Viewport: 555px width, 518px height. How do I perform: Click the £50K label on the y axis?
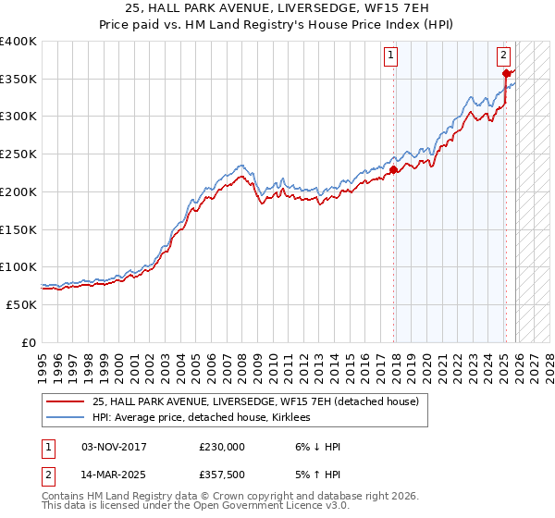pos(22,304)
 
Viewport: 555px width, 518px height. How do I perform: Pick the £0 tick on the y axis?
pos(31,342)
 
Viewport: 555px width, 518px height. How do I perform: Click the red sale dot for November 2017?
pos(394,169)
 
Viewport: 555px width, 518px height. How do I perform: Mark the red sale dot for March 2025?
pos(506,73)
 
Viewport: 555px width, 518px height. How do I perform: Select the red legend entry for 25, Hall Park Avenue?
pos(255,401)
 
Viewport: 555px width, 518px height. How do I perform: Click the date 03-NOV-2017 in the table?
pos(120,447)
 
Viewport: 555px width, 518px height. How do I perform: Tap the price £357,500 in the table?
pos(222,473)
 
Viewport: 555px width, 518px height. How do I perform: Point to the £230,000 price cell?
pos(222,447)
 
